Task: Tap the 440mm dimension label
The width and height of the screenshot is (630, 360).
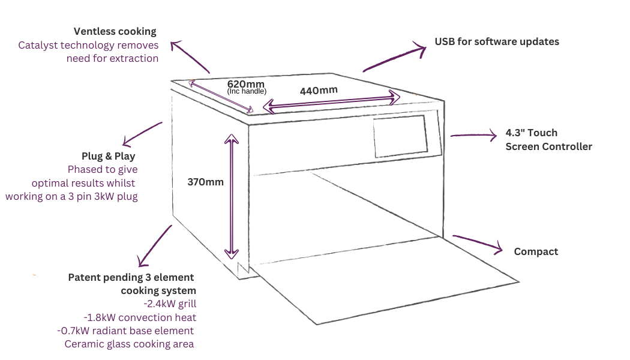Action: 318,91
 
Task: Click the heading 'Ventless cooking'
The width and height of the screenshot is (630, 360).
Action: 115,31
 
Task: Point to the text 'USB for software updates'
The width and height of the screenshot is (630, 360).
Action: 497,42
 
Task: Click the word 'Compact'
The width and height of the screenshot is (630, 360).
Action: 536,252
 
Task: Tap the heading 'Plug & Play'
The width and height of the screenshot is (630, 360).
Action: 113,156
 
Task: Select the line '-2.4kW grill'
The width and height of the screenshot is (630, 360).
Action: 171,304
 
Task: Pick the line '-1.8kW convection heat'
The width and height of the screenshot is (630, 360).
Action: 140,317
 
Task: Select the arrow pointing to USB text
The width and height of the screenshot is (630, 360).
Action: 393,59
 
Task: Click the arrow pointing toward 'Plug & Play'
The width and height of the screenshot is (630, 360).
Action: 142,133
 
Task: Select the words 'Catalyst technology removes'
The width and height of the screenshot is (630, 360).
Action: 88,45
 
